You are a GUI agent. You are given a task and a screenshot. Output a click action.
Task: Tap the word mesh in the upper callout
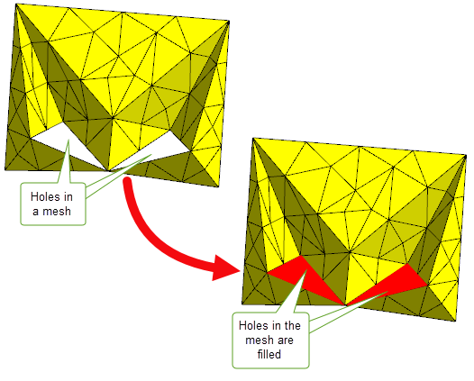click(x=57, y=211)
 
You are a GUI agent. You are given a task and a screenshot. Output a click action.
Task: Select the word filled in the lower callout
click(x=269, y=354)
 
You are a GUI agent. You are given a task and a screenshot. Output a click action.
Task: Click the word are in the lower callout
click(x=285, y=340)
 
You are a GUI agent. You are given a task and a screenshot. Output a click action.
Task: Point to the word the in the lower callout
click(x=292, y=326)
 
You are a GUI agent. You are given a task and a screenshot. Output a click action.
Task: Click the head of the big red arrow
click(x=225, y=268)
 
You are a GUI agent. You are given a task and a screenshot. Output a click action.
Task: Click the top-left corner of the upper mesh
click(x=15, y=4)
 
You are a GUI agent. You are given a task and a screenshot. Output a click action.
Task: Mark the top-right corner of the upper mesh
click(x=229, y=21)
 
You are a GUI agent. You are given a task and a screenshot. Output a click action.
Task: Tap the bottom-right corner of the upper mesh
click(x=218, y=187)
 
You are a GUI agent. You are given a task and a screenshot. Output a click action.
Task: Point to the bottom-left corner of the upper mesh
click(x=5, y=170)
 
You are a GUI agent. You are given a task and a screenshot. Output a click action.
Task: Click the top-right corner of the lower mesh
click(x=466, y=155)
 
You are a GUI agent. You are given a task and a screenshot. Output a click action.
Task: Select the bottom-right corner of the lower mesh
click(x=455, y=321)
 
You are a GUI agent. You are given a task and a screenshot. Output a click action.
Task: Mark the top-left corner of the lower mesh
click(x=252, y=138)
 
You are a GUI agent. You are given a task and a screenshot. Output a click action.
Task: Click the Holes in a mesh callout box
click(x=53, y=204)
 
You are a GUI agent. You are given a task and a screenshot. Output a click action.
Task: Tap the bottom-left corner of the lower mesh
click(x=242, y=304)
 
